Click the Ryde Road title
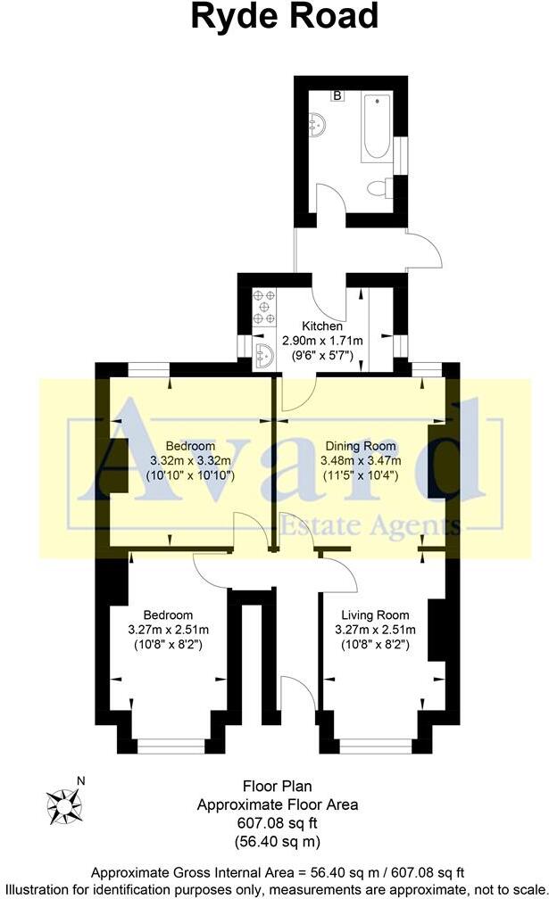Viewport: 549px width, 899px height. (x=284, y=18)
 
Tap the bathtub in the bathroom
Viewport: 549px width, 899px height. (x=376, y=129)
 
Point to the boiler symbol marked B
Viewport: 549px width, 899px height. (x=338, y=95)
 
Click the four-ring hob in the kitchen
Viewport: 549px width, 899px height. (x=264, y=305)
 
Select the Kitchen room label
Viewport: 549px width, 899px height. (x=322, y=326)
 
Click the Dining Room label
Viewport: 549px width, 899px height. (x=360, y=446)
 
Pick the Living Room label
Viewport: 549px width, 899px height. (x=374, y=614)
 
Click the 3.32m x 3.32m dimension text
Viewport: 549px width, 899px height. (x=189, y=460)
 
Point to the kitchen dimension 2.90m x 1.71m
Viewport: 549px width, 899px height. (x=322, y=341)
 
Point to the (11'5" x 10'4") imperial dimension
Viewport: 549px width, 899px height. (x=360, y=475)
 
